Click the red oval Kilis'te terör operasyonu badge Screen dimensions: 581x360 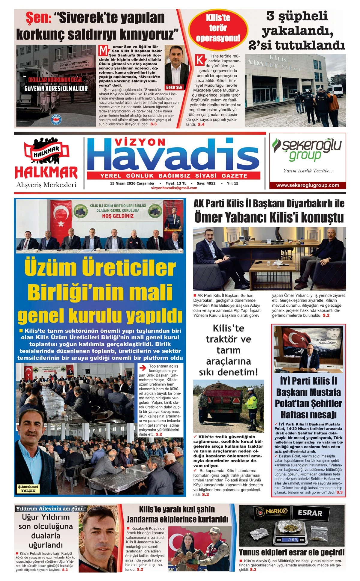coord(218,28)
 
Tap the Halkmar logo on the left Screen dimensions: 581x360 coord(46,159)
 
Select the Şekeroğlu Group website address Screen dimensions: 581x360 coord(307,185)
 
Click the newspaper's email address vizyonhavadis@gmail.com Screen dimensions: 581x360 coord(174,188)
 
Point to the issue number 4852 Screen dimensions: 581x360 coord(206,183)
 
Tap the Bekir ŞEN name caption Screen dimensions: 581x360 coord(174,87)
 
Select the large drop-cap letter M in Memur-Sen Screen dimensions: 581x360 coord(103,50)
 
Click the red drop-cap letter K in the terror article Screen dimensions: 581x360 coord(199,60)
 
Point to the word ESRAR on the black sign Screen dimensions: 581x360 coord(310,513)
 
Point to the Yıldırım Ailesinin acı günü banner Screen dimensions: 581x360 coord(51,508)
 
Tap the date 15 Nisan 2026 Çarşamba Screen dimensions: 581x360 coord(132,183)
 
